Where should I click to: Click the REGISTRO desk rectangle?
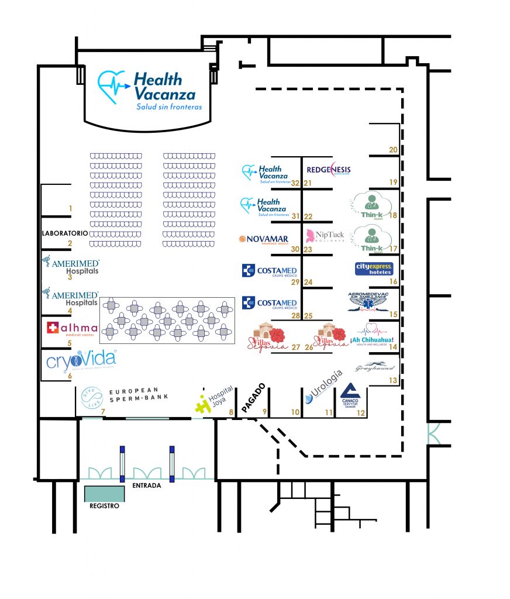tap(104, 494)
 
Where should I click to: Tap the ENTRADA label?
tap(147, 485)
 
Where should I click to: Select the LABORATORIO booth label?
tap(64, 233)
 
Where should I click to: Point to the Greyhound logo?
tap(375, 368)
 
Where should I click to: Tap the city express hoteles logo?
tap(374, 269)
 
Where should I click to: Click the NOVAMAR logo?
tap(264, 239)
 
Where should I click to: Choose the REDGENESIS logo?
tap(329, 170)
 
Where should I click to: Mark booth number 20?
tap(393, 150)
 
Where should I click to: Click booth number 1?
tap(70, 208)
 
